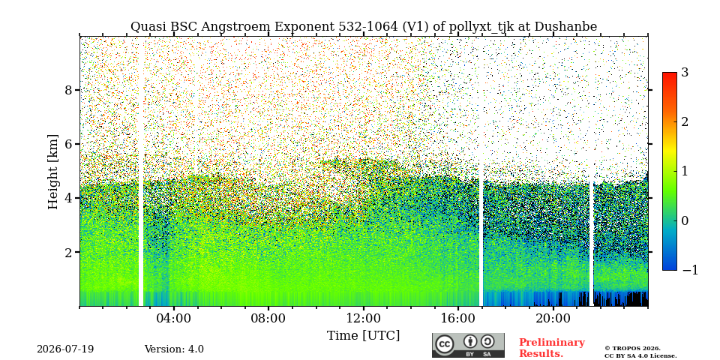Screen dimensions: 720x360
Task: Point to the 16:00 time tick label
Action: pos(457,318)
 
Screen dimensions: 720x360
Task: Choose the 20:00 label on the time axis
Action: pos(553,318)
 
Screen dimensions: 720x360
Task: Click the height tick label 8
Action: pos(69,90)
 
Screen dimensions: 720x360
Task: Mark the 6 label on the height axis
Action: pos(69,144)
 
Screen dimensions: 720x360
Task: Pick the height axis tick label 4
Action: pos(69,198)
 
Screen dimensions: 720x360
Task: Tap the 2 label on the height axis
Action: pos(69,253)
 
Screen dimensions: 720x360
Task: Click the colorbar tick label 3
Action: pos(685,73)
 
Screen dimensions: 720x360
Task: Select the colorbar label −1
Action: pos(690,271)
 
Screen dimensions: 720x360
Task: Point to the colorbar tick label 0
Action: pos(685,220)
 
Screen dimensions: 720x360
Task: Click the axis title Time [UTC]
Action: pos(363,336)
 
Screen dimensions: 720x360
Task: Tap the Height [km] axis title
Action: pos(53,172)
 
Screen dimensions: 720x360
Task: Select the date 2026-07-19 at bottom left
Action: pos(65,349)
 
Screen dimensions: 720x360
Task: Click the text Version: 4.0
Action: pos(174,349)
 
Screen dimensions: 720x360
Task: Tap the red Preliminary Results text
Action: pos(552,348)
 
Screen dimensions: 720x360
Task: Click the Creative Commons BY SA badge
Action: pos(468,345)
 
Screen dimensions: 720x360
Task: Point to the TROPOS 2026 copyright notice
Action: pos(632,349)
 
